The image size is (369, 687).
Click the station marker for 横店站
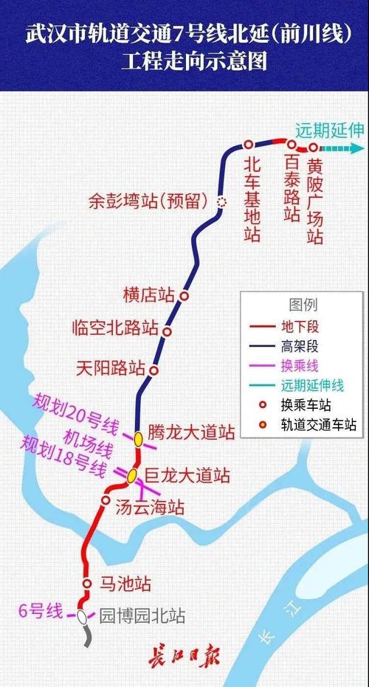tap(185, 295)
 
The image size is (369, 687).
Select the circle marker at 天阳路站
tap(154, 370)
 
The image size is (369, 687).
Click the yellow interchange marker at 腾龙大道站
tap(138, 438)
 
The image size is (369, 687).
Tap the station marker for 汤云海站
tap(105, 501)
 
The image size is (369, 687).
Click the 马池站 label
tap(126, 584)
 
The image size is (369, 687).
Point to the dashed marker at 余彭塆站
tap(221, 200)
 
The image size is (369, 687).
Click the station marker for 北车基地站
tap(249, 145)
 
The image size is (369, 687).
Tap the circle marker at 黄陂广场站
tap(312, 147)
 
